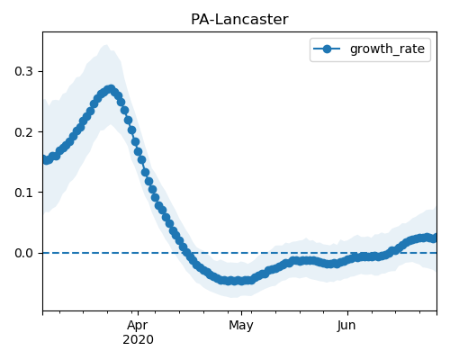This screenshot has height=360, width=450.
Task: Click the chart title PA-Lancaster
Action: click(239, 20)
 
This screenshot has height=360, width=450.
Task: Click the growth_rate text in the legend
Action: click(387, 49)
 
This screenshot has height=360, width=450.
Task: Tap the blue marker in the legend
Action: click(327, 49)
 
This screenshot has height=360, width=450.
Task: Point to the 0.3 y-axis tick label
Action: click(23, 71)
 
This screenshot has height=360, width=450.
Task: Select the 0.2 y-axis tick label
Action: click(23, 132)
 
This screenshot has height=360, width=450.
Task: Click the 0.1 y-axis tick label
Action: click(23, 193)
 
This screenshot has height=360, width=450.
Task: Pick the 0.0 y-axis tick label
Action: click(23, 253)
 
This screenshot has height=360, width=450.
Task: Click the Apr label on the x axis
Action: click(138, 326)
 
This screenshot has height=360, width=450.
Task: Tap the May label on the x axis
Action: click(241, 326)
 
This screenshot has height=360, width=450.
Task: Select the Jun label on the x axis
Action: click(346, 326)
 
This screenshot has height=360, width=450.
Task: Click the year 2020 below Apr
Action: click(138, 339)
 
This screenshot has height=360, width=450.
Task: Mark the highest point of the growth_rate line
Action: click(112, 89)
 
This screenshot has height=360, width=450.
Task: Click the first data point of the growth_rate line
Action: click(46, 160)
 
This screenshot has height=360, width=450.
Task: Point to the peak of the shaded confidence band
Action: click(105, 45)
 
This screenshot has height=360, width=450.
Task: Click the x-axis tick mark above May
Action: click(241, 313)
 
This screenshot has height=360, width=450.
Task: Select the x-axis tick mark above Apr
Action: click(138, 313)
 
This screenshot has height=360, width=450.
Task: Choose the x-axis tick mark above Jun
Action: click(347, 313)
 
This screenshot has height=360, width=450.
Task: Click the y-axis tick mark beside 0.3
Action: click(40, 71)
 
